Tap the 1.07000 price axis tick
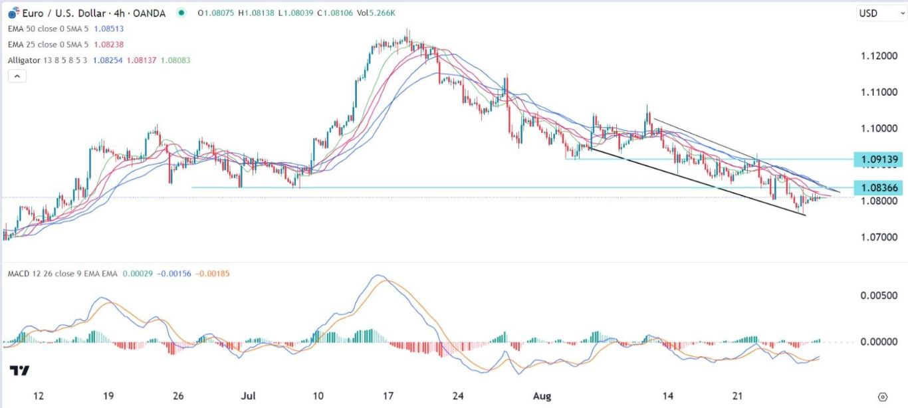pyautogui.click(x=875, y=237)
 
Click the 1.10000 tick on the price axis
pyautogui.click(x=875, y=128)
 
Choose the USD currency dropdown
pyautogui.click(x=873, y=13)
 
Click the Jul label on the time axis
pyautogui.click(x=248, y=397)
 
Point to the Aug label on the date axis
pyautogui.click(x=543, y=397)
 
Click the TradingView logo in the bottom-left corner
pyautogui.click(x=19, y=371)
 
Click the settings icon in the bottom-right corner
pyautogui.click(x=883, y=397)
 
